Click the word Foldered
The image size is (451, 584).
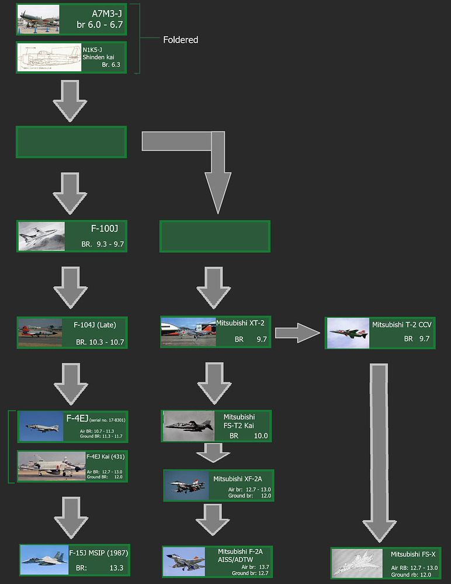point(181,40)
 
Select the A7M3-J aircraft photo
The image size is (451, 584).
point(39,19)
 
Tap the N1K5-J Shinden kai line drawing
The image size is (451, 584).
point(50,57)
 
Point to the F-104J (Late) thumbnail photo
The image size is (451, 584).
point(40,332)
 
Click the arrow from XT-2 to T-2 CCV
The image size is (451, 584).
point(297,333)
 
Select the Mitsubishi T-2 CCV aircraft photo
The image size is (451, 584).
point(348,333)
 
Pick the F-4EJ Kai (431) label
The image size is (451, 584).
point(106,456)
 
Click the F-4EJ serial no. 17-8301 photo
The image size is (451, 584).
point(40,426)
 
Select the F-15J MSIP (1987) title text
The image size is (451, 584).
point(99,552)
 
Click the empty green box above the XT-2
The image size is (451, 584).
point(214,237)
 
